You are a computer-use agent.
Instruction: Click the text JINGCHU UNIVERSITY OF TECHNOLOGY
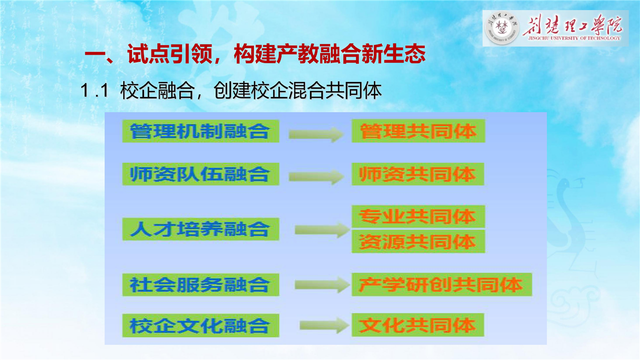tap(574, 38)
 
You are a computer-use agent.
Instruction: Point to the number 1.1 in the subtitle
tap(94, 90)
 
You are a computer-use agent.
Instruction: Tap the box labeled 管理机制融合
tap(200, 131)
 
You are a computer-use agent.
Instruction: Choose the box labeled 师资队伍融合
tap(200, 174)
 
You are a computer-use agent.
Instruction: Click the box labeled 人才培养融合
tap(200, 229)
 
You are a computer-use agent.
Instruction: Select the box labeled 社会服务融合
tap(200, 284)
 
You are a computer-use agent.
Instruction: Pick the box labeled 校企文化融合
tap(200, 325)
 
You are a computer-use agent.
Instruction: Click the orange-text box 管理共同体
tap(418, 131)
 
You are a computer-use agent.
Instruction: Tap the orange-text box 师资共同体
tap(417, 174)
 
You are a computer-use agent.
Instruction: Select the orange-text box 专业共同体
tap(418, 216)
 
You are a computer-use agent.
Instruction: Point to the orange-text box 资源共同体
tap(418, 241)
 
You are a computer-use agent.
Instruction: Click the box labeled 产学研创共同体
tap(441, 284)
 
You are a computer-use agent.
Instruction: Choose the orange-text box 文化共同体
tap(417, 325)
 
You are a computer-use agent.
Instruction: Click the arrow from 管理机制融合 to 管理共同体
tap(316, 134)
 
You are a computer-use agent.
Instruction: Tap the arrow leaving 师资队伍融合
tap(316, 176)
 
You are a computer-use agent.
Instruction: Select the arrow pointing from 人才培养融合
tap(322, 230)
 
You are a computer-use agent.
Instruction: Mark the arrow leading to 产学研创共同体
tap(322, 284)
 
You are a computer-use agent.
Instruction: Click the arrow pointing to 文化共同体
tap(324, 325)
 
